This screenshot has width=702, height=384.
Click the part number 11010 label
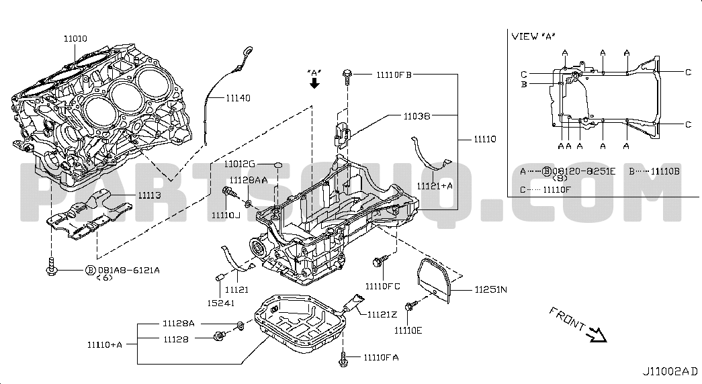(76, 40)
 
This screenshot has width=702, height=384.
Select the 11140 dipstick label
(238, 98)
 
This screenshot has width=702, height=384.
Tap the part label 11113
(150, 195)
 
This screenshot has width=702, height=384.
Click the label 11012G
(240, 164)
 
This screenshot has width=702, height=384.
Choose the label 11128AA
(248, 180)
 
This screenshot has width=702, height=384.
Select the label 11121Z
(382, 314)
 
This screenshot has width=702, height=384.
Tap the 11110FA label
(382, 357)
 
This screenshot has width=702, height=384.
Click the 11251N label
(491, 290)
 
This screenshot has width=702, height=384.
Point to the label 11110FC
(383, 287)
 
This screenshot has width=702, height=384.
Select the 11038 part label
(416, 115)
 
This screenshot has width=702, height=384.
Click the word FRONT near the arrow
(567, 318)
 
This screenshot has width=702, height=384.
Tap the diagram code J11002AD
(670, 371)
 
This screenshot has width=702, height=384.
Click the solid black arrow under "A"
(314, 83)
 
